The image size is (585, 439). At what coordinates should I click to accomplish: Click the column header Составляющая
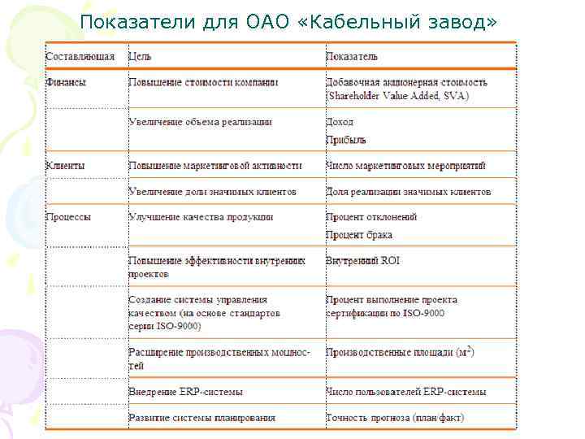[80, 57]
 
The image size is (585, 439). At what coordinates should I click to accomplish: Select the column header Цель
[140, 57]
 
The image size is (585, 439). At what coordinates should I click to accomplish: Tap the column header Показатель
[352, 57]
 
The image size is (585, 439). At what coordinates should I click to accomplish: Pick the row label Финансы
[67, 82]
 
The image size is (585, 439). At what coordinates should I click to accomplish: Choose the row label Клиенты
[66, 165]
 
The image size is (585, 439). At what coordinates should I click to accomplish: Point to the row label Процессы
[69, 217]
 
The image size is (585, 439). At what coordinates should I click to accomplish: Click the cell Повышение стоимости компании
[203, 82]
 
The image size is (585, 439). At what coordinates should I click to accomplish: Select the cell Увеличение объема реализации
[200, 122]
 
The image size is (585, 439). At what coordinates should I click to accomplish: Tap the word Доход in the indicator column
[340, 122]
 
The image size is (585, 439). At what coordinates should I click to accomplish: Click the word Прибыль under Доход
[346, 140]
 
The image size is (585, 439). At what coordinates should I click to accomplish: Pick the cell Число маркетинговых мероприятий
[405, 165]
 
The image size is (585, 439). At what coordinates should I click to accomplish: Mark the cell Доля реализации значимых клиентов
[408, 192]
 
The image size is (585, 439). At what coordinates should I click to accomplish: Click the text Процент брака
[358, 235]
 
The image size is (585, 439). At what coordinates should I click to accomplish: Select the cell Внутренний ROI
[362, 261]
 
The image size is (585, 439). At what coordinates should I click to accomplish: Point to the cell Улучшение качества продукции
[201, 217]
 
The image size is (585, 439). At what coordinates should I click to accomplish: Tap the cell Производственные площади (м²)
[400, 353]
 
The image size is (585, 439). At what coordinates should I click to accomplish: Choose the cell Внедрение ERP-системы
[185, 392]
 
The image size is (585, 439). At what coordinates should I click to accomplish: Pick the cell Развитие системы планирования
[201, 418]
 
